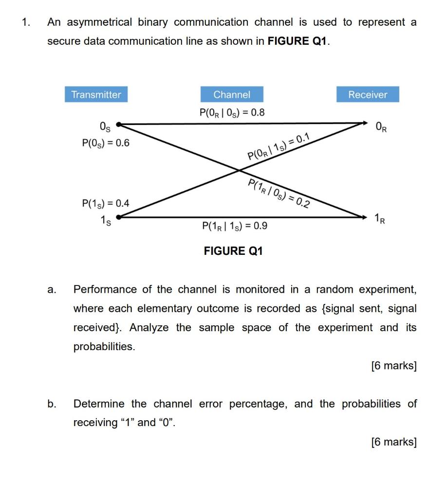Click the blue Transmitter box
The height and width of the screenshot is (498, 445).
[96, 94]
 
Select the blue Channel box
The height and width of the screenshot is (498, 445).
[232, 94]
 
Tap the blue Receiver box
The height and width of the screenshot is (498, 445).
[368, 94]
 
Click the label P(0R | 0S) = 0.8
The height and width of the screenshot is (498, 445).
[232, 113]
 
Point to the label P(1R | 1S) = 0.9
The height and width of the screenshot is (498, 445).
[234, 226]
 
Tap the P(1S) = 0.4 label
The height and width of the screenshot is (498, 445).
[106, 203]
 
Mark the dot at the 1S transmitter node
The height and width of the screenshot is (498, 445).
[117, 218]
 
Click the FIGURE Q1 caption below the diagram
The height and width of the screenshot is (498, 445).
[233, 251]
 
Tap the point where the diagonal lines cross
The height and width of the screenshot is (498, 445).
[240, 170]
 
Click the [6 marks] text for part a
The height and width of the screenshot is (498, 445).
[393, 366]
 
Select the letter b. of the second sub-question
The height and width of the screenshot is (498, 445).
[52, 404]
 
